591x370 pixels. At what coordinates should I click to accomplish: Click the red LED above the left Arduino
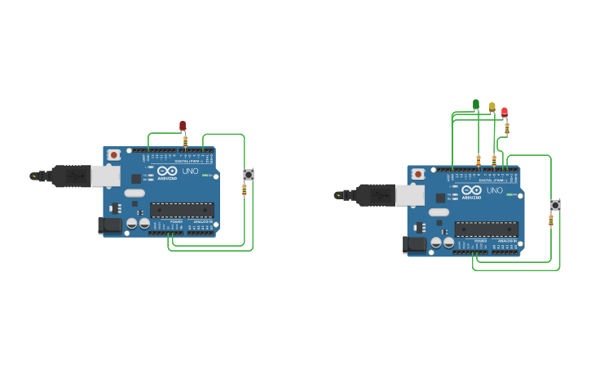[183, 125]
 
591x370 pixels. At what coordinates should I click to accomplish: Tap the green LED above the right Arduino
[476, 104]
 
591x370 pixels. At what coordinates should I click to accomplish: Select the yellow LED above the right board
[492, 107]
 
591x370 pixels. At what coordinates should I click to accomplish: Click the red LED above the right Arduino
[505, 111]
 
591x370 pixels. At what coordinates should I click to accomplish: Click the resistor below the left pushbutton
[244, 190]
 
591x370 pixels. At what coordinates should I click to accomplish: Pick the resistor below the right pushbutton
[550, 221]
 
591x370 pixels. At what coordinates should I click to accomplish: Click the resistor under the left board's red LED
[186, 141]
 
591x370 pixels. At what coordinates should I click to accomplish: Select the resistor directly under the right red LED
[507, 128]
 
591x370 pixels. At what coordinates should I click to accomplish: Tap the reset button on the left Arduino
[113, 154]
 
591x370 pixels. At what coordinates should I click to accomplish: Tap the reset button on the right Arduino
[418, 174]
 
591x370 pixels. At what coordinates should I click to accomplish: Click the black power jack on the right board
[413, 244]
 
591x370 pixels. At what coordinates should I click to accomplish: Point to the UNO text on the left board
[190, 171]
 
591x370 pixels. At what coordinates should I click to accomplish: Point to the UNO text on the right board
[495, 190]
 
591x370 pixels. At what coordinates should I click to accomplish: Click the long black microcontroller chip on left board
[181, 210]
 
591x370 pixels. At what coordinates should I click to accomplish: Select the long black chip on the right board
[486, 230]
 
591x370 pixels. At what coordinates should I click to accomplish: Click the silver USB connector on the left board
[105, 176]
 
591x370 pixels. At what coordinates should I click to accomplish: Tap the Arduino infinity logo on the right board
[471, 190]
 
